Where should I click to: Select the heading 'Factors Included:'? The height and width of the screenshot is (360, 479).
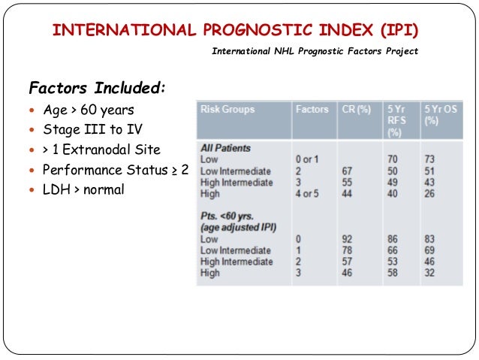(x=96, y=88)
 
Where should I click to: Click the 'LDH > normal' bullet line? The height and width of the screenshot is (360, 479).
(x=83, y=189)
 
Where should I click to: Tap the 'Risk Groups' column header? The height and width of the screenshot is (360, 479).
(x=227, y=109)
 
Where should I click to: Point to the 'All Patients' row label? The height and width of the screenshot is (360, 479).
(x=225, y=148)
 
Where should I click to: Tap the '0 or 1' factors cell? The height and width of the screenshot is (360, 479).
(x=308, y=159)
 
